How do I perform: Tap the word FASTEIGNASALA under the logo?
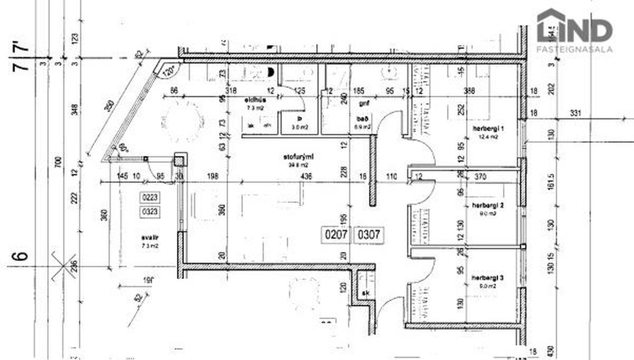click(x=574, y=49)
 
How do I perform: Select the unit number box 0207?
click(x=336, y=235)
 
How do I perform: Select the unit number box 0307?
click(x=369, y=235)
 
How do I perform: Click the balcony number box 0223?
click(x=150, y=197)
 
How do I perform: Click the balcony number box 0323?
click(x=150, y=212)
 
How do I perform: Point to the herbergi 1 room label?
click(x=488, y=129)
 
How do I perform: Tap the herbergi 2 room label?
click(x=488, y=205)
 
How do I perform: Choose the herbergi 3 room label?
click(x=488, y=278)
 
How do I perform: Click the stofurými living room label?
click(x=298, y=157)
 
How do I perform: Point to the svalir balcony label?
click(x=150, y=238)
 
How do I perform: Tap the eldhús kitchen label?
click(x=255, y=100)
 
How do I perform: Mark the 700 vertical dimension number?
click(x=58, y=162)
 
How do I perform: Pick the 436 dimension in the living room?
click(x=306, y=176)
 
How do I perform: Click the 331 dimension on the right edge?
click(x=575, y=113)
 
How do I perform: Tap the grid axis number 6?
click(x=22, y=254)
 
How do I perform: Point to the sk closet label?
click(x=366, y=293)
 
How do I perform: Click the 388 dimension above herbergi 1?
click(x=469, y=91)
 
